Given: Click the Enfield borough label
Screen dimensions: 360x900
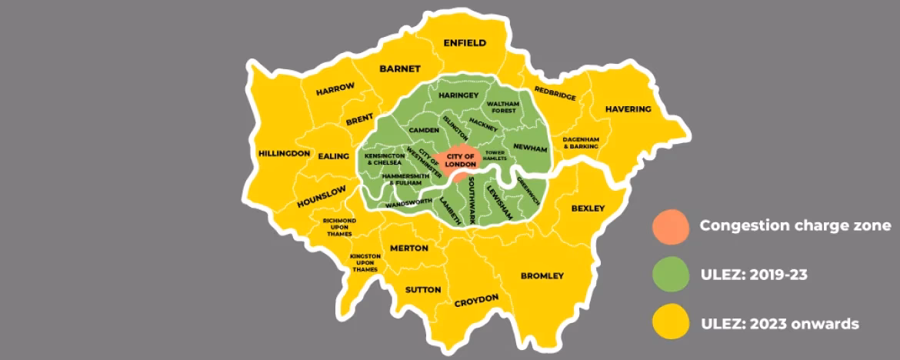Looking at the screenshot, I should coord(465,43).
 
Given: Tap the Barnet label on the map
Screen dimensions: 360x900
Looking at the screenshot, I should coord(400,68).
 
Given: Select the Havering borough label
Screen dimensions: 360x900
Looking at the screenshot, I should coord(628,109).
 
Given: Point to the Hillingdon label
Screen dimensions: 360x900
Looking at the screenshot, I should coord(284,153).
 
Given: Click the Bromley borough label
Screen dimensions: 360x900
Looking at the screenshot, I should coord(542,275).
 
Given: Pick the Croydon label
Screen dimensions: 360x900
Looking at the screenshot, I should coord(476,300).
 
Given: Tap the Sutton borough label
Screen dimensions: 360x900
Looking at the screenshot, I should coord(423,290).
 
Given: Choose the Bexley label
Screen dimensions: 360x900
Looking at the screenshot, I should coord(588,208).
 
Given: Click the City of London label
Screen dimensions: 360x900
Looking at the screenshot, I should coord(461,161).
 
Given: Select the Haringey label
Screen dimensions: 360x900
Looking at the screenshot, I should coord(458,95).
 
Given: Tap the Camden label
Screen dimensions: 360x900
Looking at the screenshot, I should coord(423,130).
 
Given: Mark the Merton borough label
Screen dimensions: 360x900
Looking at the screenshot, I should coord(408,248).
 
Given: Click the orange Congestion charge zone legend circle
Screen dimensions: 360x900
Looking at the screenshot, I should coord(670,226).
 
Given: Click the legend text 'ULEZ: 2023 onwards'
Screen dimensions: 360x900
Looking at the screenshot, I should coord(778,324).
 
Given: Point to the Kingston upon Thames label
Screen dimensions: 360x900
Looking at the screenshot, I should coord(365,262).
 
